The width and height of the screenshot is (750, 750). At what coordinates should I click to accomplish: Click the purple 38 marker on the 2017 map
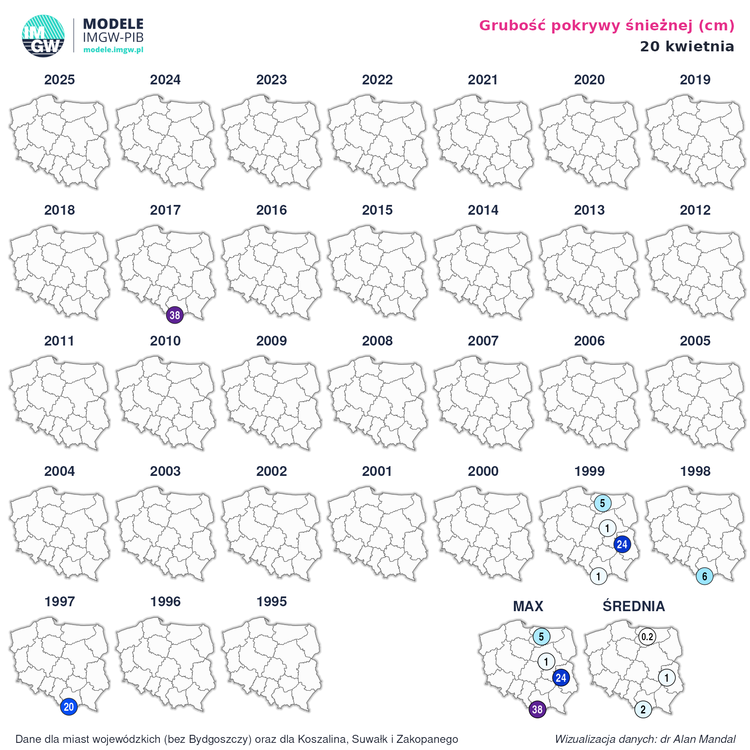[175, 315]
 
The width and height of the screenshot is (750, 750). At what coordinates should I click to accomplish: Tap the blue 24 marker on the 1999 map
[622, 544]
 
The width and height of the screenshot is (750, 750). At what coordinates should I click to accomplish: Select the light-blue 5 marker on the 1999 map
[602, 503]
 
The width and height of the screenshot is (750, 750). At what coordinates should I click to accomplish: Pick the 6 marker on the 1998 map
[704, 576]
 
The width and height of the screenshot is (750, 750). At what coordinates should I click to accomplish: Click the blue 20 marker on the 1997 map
[69, 707]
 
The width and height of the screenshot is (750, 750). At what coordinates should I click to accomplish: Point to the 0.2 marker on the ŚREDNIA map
[647, 637]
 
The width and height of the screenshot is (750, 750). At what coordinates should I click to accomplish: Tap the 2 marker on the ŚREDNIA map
[643, 709]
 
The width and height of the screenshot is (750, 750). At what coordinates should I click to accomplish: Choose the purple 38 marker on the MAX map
[537, 709]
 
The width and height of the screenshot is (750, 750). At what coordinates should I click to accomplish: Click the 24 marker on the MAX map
[561, 678]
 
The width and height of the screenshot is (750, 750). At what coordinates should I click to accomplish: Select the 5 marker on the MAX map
[541, 637]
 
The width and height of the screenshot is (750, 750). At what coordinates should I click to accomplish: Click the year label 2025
[59, 80]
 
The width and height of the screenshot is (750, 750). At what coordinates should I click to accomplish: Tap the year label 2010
[165, 341]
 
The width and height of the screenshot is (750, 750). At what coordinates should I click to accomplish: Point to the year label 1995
[271, 602]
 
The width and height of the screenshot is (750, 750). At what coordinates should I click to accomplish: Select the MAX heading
[528, 606]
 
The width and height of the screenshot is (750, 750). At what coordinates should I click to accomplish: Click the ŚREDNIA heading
[633, 606]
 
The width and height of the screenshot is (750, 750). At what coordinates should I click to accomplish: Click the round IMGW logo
[43, 36]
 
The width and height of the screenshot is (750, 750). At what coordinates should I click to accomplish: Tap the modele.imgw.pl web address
[113, 50]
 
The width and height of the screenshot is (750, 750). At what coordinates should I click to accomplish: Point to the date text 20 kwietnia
[687, 46]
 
